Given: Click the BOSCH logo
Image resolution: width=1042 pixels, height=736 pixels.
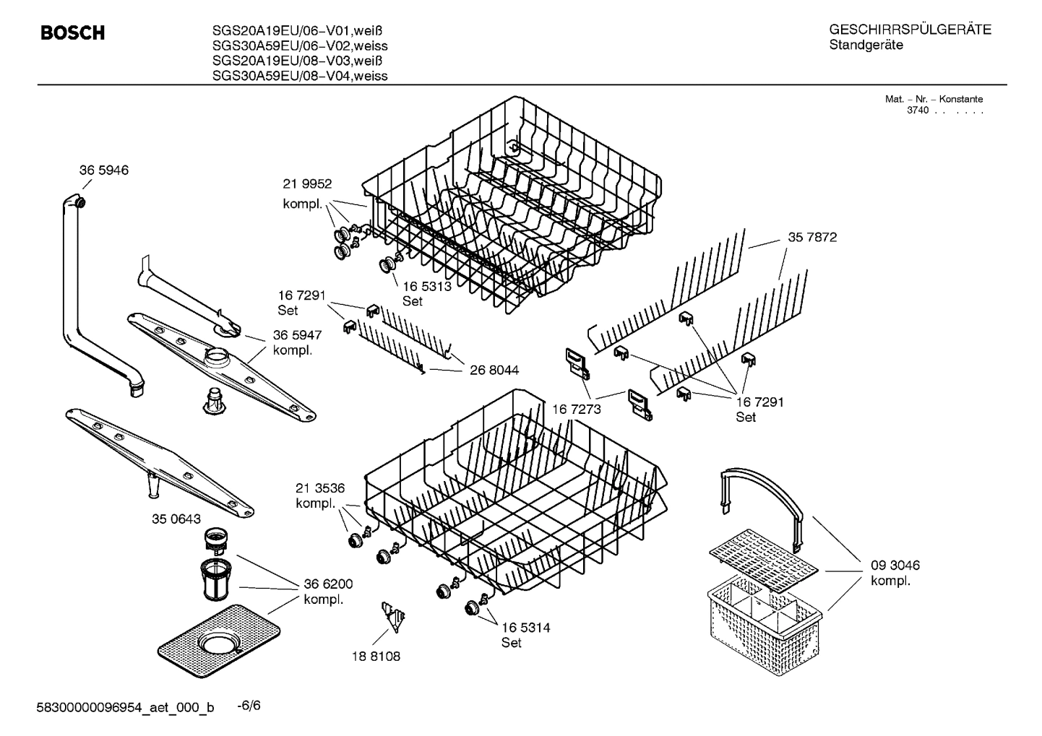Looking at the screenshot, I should coord(73,33).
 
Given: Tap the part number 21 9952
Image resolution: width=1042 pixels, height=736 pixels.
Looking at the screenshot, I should coord(307,184).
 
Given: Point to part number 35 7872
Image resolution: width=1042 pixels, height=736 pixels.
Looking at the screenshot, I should coord(812,237).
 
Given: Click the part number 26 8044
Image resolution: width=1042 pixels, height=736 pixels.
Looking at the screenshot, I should coord(494,371).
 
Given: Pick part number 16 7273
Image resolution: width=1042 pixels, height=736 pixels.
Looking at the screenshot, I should coord(577,410).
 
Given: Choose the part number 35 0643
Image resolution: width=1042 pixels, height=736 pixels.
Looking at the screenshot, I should coord(176,519).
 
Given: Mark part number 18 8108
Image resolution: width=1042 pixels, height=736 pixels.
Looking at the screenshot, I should coord(375,657).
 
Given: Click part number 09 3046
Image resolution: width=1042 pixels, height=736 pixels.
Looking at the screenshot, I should coord(895,566).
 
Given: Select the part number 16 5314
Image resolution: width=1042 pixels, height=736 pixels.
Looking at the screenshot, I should coord(525,628).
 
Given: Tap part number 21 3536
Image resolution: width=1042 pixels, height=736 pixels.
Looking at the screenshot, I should coord(320,488).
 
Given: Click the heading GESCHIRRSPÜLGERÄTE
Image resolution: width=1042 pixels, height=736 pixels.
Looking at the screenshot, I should coord(910,30).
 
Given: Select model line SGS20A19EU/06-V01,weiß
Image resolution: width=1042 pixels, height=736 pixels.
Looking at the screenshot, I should coord(297,30).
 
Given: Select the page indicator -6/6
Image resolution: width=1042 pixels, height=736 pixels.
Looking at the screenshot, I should coord(249,705).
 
